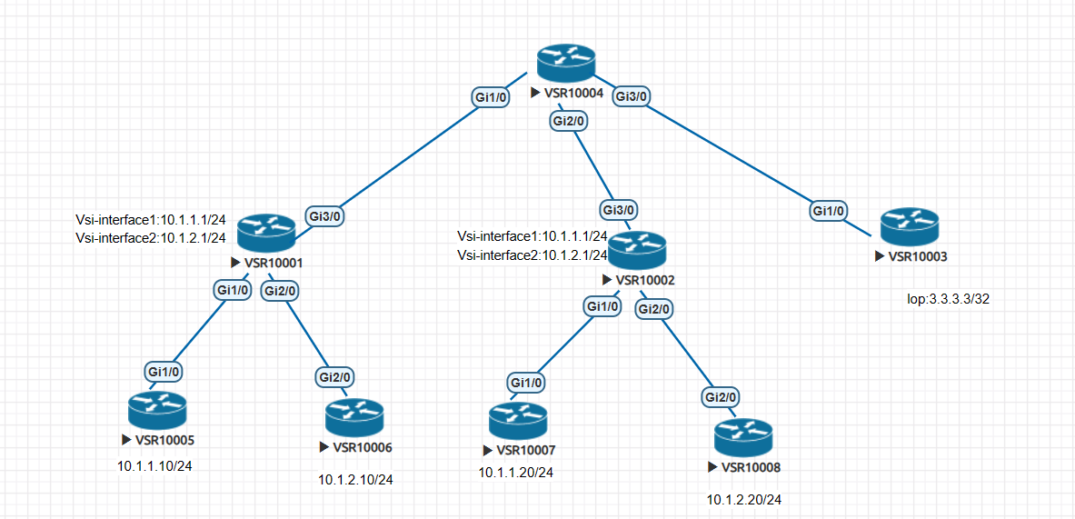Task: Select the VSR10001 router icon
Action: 266,234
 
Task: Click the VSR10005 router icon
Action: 156,411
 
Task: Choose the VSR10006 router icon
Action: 353,418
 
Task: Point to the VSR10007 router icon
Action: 517,422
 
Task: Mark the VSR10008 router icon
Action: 742,438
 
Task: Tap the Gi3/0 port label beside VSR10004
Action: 632,95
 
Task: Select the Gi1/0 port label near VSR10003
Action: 827,211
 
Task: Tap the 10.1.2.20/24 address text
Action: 744,500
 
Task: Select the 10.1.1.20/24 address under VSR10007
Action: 516,472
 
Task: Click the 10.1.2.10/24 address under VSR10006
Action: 356,479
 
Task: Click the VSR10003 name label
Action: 917,256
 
